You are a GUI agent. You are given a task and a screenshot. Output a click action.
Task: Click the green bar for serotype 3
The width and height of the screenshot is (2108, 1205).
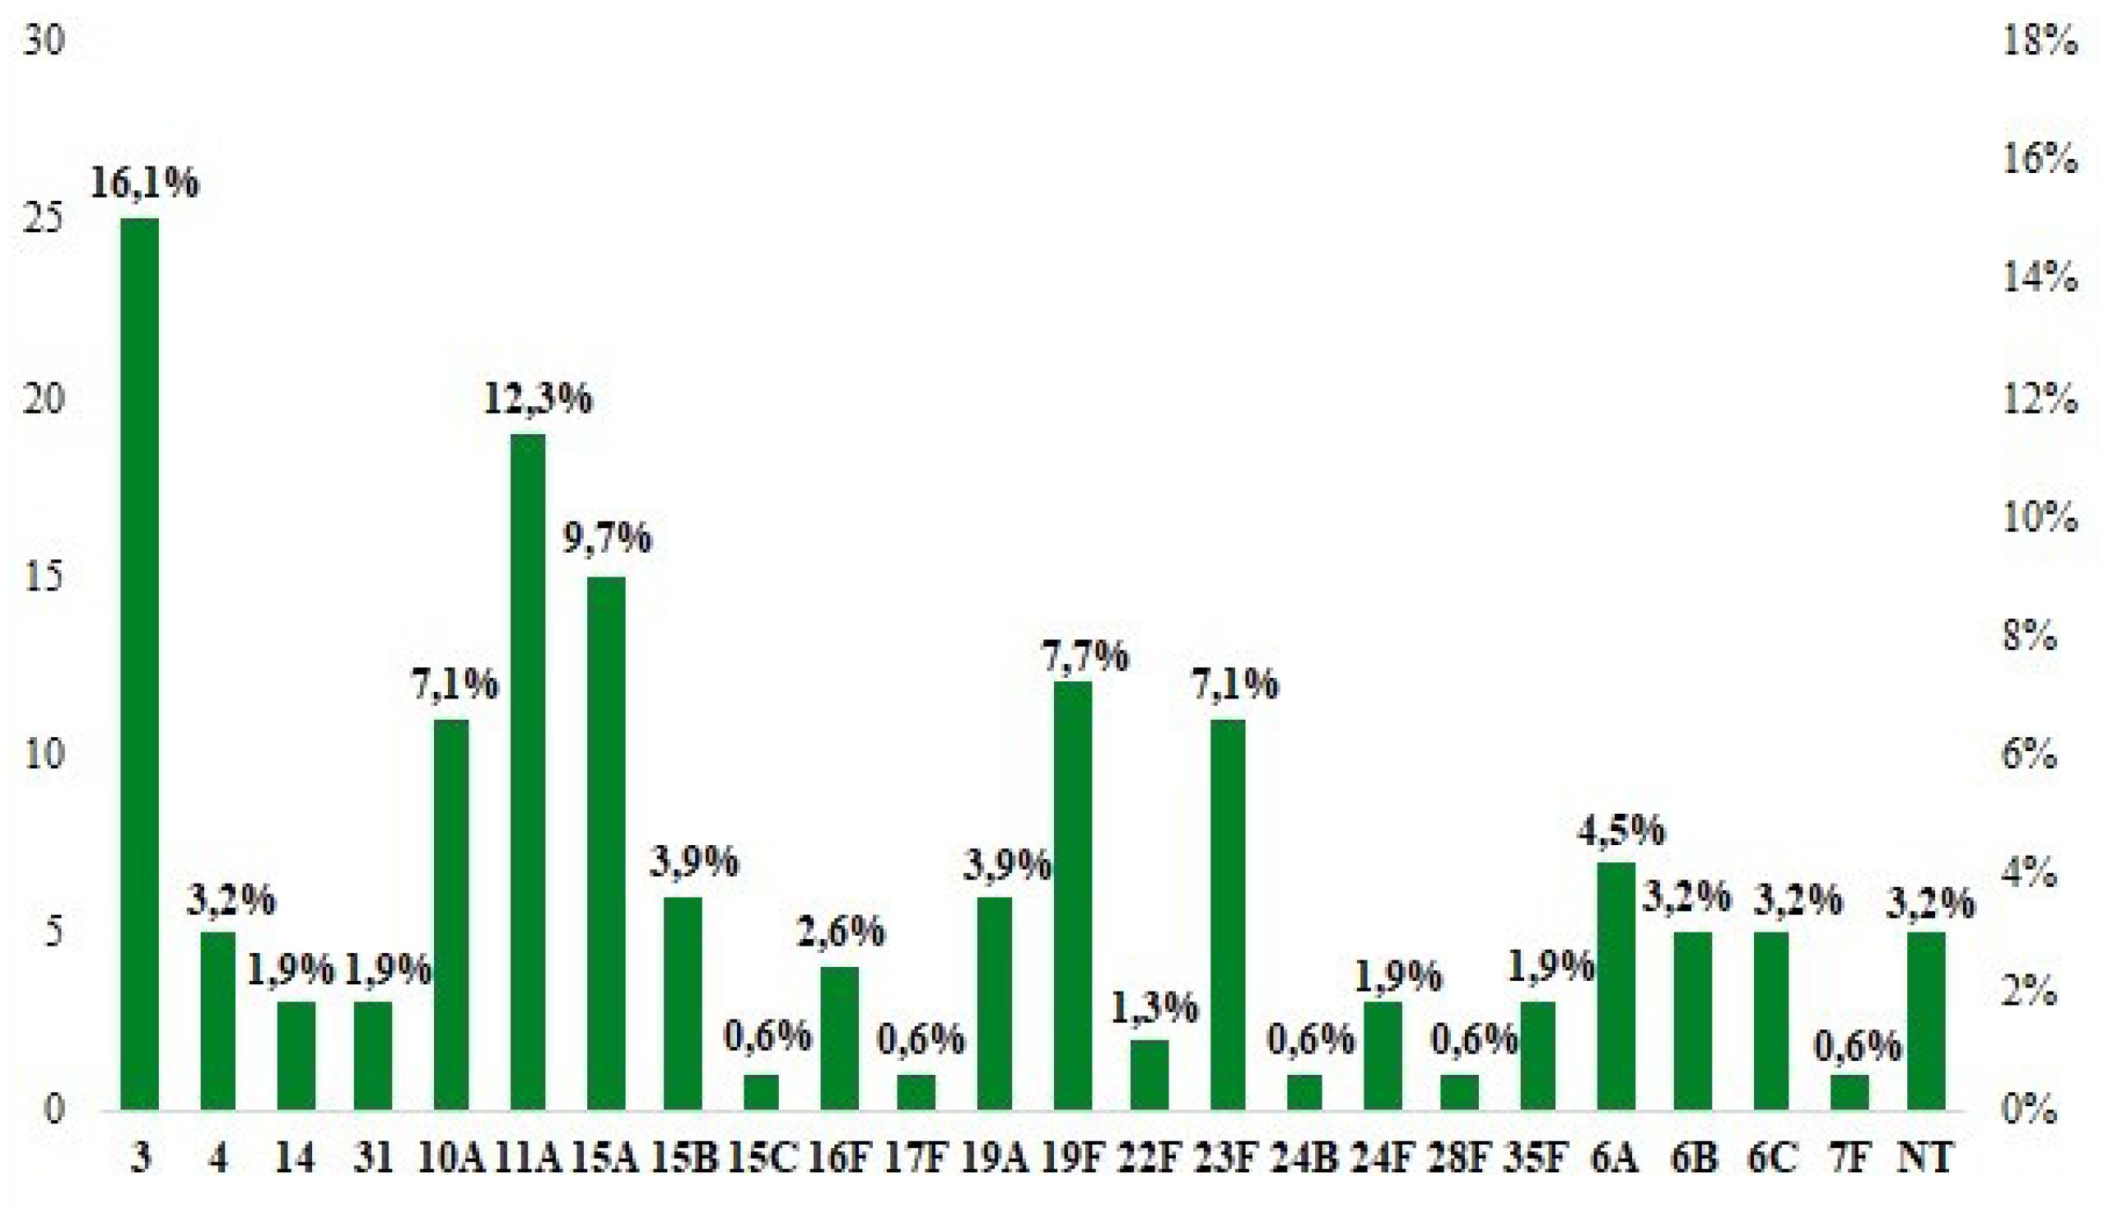click(x=140, y=663)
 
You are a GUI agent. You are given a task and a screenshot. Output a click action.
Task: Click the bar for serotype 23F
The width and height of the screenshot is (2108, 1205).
click(x=1228, y=913)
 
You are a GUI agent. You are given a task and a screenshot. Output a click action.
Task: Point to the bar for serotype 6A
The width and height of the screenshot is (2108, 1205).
click(x=1616, y=985)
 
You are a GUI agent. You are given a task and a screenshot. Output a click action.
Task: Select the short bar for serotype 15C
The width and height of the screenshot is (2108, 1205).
click(x=761, y=1091)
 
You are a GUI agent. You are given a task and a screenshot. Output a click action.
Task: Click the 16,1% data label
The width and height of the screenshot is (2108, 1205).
click(x=144, y=182)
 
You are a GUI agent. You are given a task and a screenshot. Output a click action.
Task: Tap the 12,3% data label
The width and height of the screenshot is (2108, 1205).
click(x=538, y=398)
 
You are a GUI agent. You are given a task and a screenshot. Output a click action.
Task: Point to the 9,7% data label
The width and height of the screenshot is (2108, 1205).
click(x=607, y=539)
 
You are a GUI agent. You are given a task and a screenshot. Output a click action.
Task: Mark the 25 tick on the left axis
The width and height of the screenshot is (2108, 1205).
click(x=43, y=220)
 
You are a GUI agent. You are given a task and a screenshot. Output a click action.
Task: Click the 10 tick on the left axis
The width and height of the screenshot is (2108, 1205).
click(x=43, y=754)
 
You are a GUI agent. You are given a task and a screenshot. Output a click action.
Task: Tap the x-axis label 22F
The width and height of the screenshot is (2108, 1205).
click(x=1148, y=1159)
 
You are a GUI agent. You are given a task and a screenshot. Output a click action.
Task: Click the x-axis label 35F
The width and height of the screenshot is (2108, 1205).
click(x=1537, y=1159)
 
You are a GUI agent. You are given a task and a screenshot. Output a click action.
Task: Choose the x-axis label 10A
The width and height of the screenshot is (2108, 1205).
click(x=450, y=1159)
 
